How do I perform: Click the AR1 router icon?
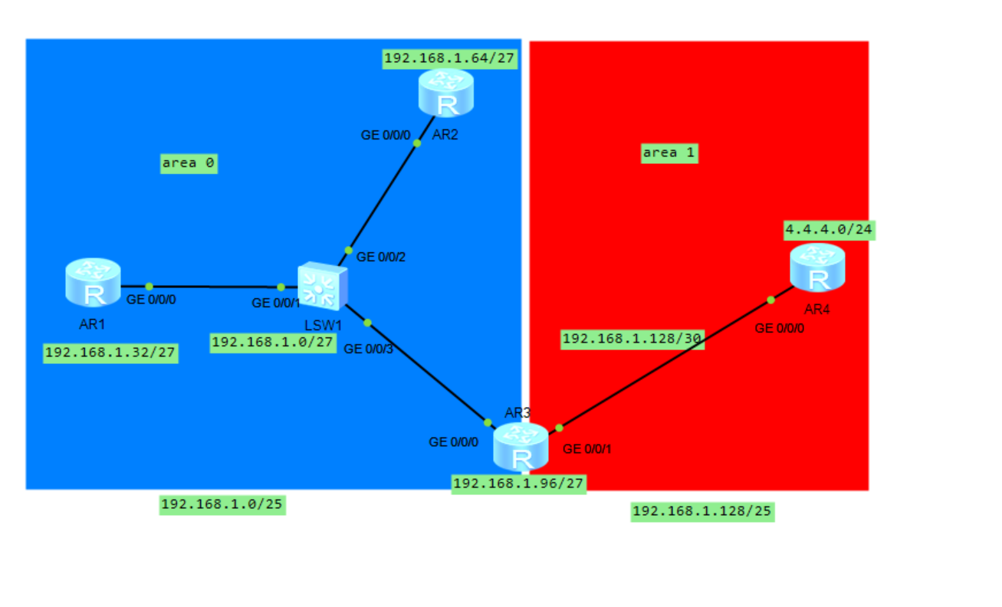(x=93, y=282)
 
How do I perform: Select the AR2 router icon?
(x=446, y=93)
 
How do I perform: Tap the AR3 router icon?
(x=521, y=447)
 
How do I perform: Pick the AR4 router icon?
(x=817, y=267)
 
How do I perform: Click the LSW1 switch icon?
(x=322, y=286)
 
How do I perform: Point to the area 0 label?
(x=189, y=163)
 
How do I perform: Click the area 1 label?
(x=669, y=153)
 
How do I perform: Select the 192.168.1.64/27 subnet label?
(x=449, y=58)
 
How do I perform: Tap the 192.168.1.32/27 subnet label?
(x=110, y=353)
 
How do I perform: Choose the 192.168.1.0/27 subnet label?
(x=273, y=343)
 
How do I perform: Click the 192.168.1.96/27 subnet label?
(x=519, y=484)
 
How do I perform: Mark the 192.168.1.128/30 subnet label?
(x=632, y=339)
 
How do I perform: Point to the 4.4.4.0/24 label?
(x=829, y=229)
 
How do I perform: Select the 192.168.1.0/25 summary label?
(x=222, y=504)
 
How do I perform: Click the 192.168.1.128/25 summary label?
(x=702, y=511)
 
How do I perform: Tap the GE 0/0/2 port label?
(x=381, y=258)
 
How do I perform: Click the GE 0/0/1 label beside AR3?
(x=587, y=449)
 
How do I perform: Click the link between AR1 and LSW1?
(x=215, y=287)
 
